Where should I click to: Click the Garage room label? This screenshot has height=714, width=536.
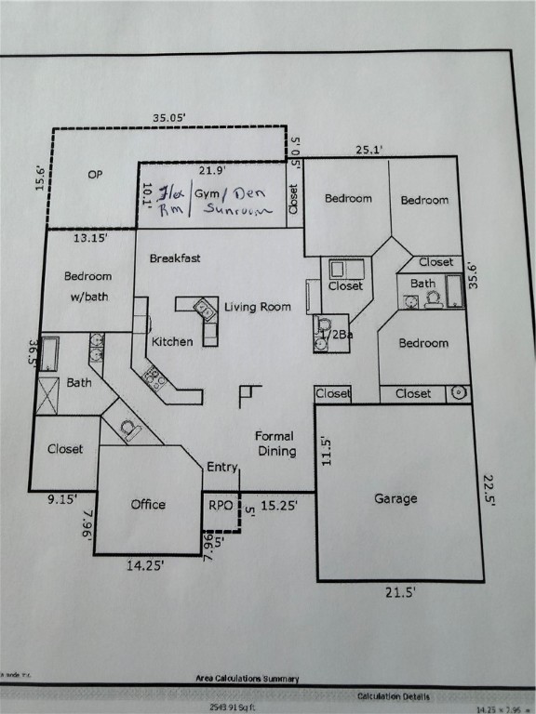pos(395,498)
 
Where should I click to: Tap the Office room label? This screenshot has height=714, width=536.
pos(148,504)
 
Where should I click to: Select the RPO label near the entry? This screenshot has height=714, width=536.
pos(221,505)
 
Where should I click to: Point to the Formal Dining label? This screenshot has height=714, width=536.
pos(275,443)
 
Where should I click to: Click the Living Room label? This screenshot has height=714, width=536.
pos(258,307)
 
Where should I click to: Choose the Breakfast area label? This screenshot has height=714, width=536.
pos(175,258)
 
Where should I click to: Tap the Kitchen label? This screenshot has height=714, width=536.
pos(172,341)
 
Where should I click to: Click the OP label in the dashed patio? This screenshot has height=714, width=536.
pos(95,174)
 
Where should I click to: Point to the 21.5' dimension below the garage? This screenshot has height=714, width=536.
pos(401,591)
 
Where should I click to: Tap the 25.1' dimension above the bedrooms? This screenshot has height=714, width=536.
pos(370,148)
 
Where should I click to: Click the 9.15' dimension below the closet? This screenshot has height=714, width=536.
pos(63,499)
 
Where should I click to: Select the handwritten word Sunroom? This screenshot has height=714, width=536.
pos(234,210)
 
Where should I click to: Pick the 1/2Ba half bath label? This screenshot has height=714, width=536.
pos(335,334)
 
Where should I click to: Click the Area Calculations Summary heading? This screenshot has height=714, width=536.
pos(244,680)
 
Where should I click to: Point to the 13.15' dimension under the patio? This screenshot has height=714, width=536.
pos(90,238)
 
